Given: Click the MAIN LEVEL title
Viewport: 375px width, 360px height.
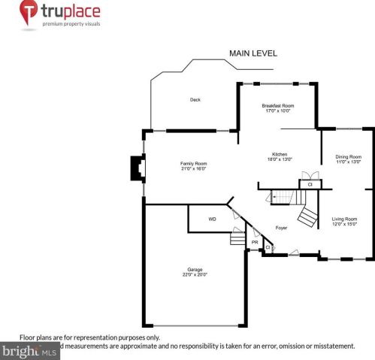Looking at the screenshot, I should pos(253,53).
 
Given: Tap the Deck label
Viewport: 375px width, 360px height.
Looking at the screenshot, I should pos(195,99).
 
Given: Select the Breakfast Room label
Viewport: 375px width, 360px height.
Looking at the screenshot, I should pos(277,106).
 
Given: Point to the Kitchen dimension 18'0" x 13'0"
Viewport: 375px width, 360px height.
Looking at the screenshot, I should pos(280,159).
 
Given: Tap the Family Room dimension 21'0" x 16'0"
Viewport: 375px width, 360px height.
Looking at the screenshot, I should pos(193,168).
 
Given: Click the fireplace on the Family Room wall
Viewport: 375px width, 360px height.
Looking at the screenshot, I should pos(137,168).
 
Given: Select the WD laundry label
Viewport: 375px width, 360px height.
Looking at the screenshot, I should pos(212,219).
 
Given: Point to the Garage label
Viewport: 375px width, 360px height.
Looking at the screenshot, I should pos(195,269).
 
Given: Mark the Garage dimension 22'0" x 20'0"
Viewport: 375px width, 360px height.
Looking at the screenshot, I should pos(195,274).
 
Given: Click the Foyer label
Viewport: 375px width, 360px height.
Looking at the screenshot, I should pos(281,227).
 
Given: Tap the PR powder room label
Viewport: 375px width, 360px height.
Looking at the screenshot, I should pos(255,244).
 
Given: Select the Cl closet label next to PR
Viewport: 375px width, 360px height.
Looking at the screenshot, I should pos(268,247).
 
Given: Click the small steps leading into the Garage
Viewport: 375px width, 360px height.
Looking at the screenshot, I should pos(237,239).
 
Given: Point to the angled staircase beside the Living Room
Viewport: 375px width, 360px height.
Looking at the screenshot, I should pos(307,217).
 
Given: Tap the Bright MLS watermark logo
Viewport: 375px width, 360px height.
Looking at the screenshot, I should pos(30,351).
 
